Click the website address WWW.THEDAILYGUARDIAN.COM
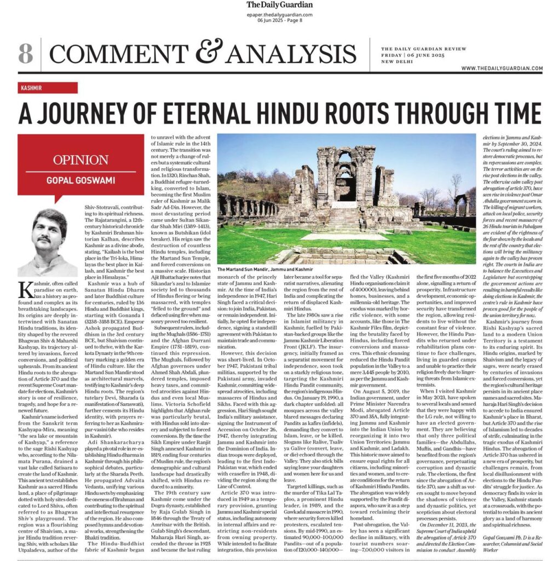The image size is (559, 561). click(502, 68)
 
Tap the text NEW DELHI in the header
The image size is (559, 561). click(396, 62)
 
